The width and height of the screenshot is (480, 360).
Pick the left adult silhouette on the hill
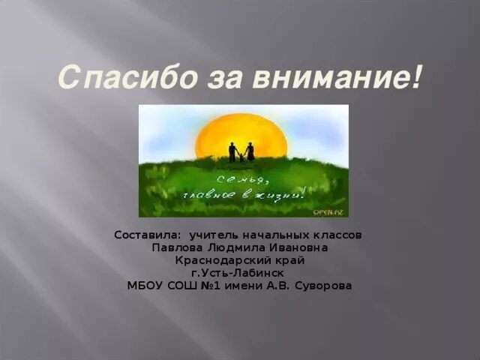[x=232, y=151]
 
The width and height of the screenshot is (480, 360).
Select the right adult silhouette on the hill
[x=250, y=151]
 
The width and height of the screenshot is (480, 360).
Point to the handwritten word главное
[x=210, y=195]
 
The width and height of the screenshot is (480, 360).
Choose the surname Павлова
[x=175, y=247]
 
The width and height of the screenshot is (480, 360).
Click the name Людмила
[x=235, y=247]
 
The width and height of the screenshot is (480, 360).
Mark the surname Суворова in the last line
[x=324, y=286]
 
